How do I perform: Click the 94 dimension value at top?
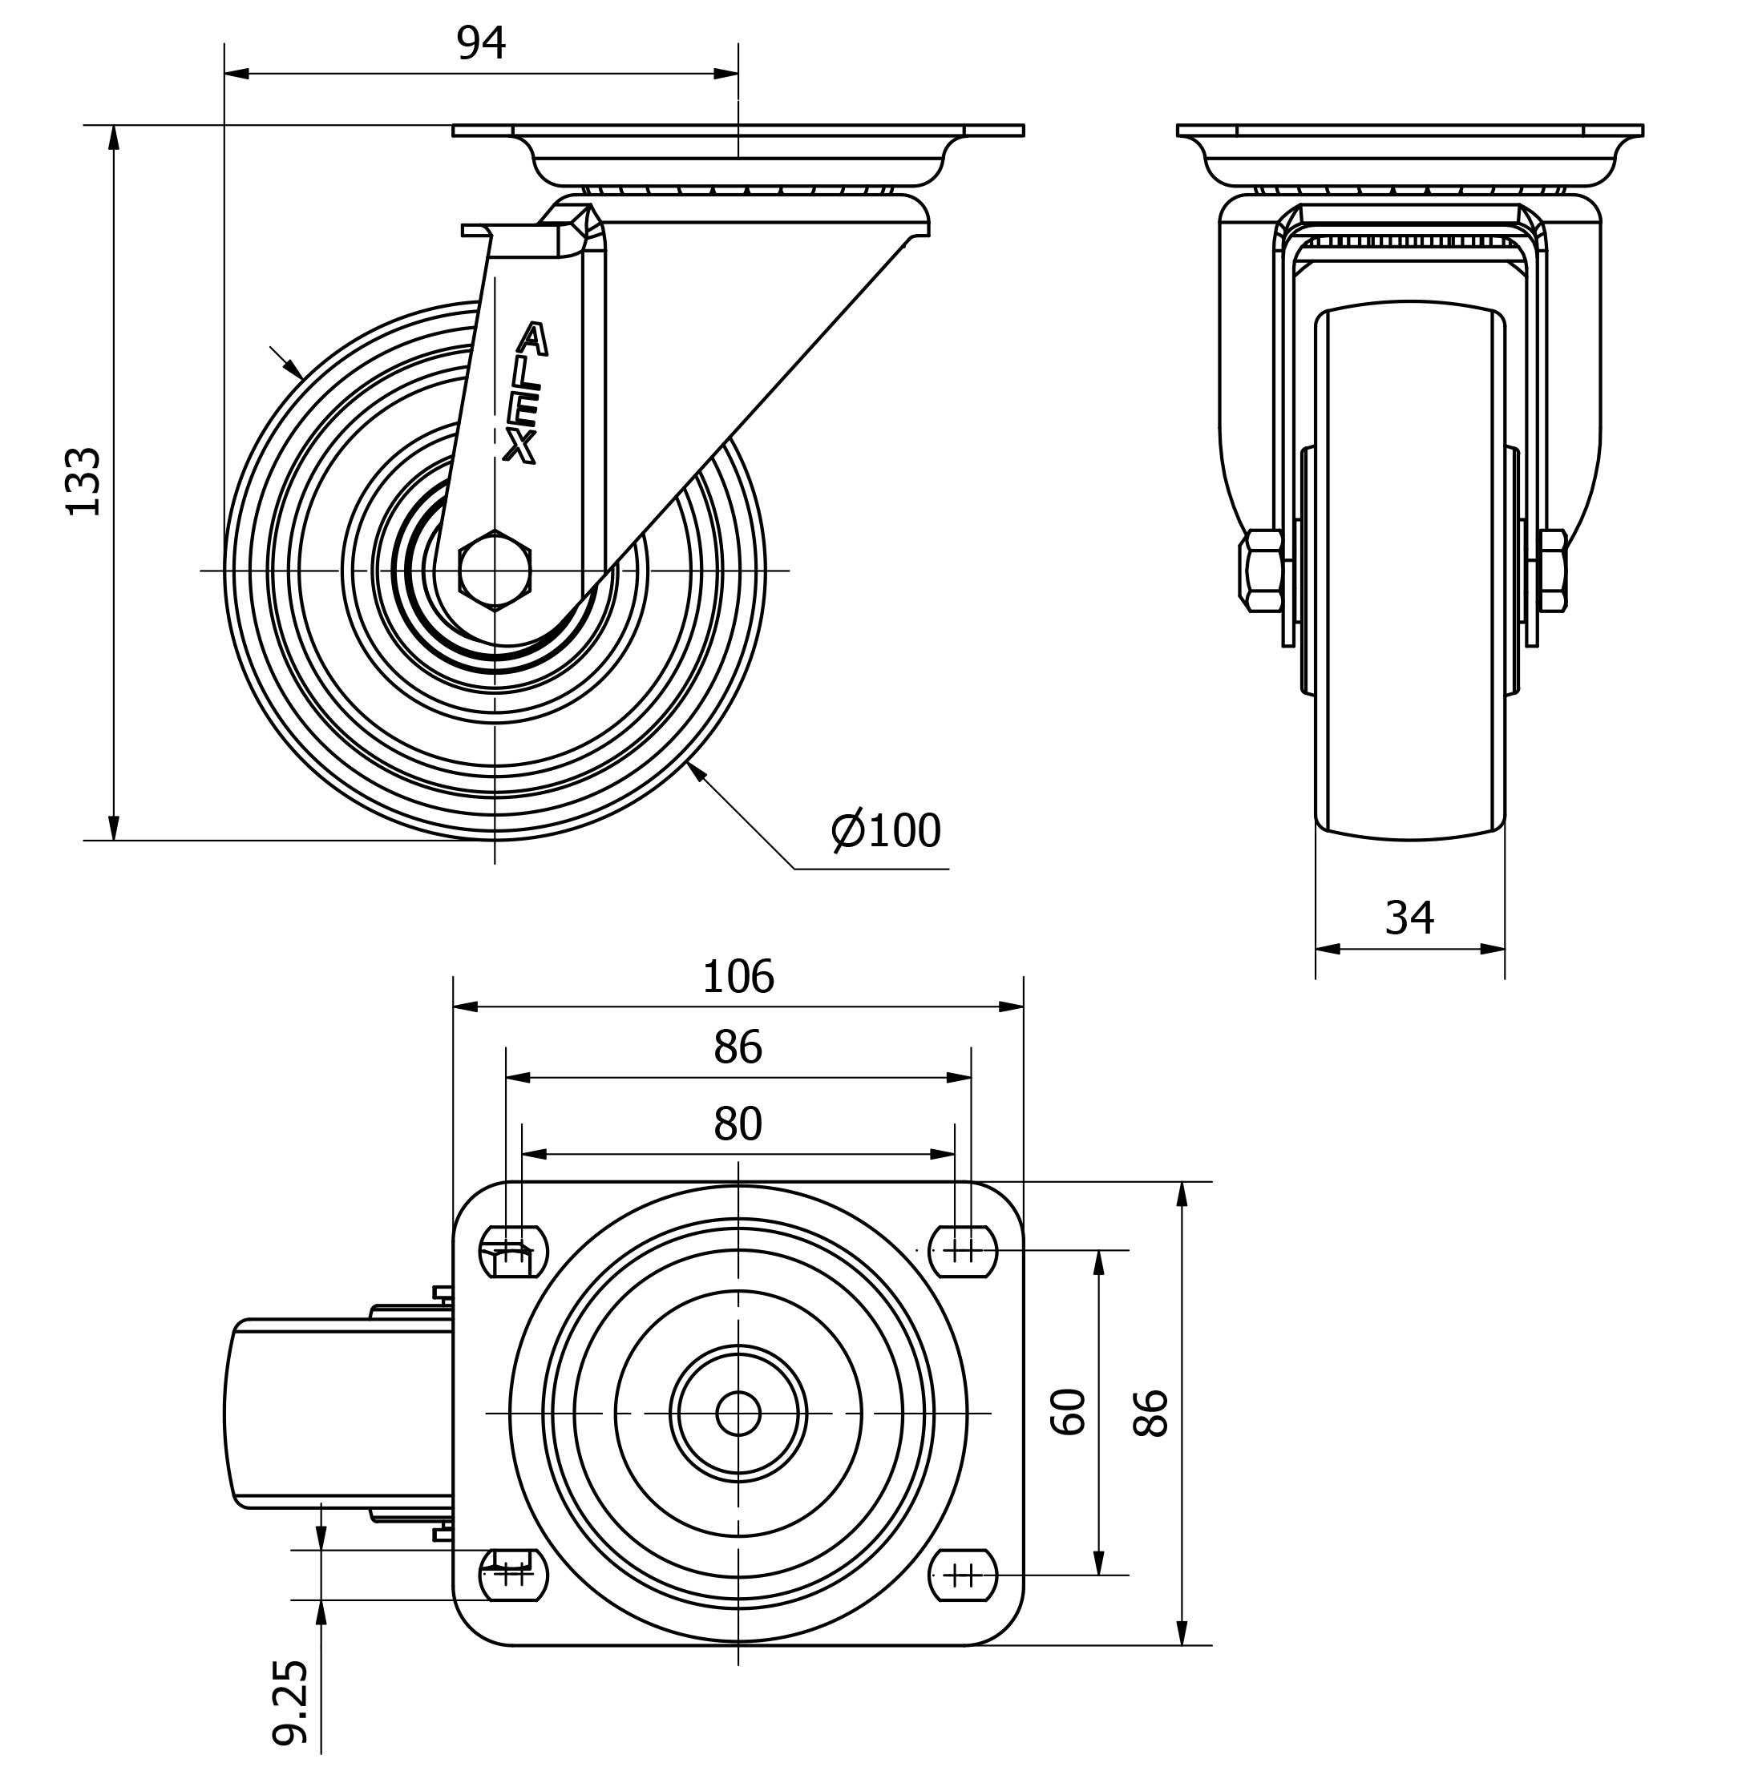[480, 43]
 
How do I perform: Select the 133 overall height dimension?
[84, 482]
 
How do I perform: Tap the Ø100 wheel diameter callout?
[886, 831]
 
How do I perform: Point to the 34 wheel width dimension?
[1409, 918]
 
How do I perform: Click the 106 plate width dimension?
[738, 977]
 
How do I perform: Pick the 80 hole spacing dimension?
[738, 1124]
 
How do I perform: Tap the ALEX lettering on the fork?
[526, 393]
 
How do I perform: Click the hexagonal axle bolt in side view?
[494, 570]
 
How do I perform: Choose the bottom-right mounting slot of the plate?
[963, 1575]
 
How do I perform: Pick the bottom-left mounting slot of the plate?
[513, 1575]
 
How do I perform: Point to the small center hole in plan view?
[738, 1414]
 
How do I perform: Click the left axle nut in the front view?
[1261, 570]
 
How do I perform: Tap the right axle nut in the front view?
[1553, 570]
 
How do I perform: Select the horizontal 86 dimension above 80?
[738, 1047]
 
